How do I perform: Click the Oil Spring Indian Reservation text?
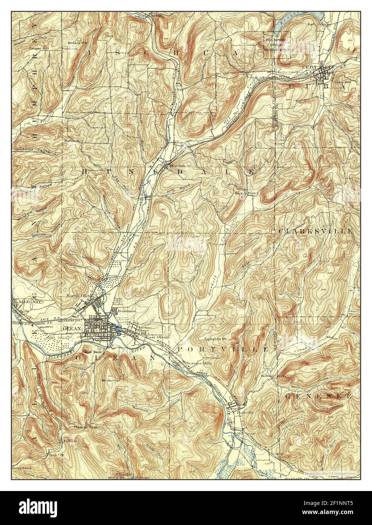tap(277, 44)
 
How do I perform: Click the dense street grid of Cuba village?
tap(326, 73)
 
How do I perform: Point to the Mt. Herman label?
tap(111, 381)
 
